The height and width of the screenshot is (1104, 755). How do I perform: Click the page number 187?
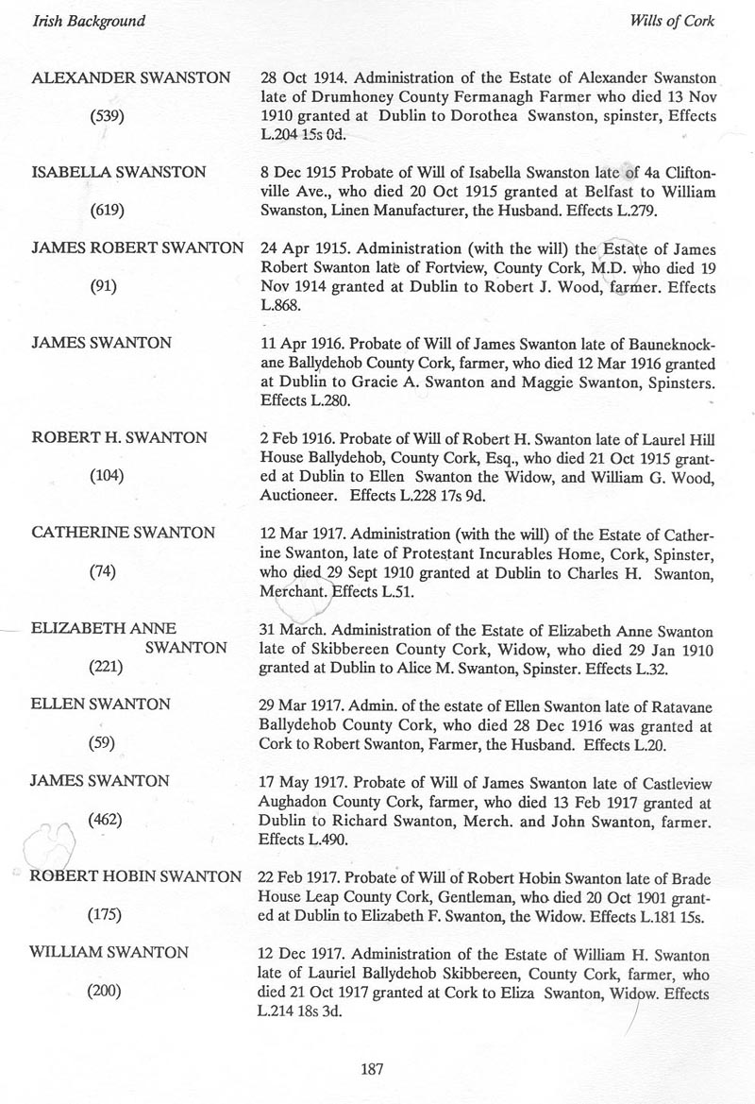[370, 1070]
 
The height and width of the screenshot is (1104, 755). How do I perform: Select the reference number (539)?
[105, 115]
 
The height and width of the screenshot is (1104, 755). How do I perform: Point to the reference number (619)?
[105, 211]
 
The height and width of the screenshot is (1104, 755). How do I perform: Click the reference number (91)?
[101, 288]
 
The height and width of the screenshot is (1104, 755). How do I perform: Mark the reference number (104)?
[105, 477]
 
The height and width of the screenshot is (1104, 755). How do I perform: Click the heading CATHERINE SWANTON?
[124, 534]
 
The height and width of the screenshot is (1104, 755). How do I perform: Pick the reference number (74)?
[101, 572]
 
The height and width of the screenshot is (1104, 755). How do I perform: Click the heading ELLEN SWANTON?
[101, 705]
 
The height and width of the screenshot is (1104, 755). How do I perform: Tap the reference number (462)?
[105, 820]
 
